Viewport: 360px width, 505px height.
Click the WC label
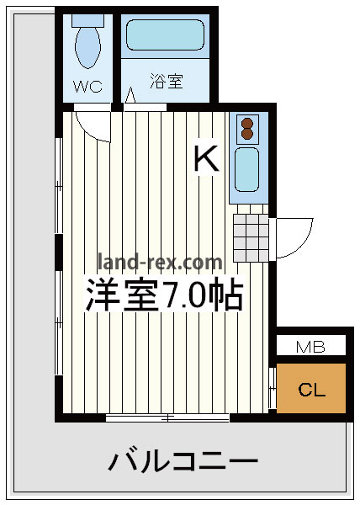point(87,87)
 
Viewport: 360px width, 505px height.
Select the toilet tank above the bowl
point(87,20)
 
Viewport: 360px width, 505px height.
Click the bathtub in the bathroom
point(165,35)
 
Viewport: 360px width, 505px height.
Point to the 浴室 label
point(167,81)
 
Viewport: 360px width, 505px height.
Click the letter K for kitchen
point(207,158)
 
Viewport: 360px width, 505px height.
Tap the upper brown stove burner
point(247,123)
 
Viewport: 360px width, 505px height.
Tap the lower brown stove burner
point(247,134)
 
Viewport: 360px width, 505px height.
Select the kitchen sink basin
point(246,169)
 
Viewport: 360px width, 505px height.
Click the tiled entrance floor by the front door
point(251,237)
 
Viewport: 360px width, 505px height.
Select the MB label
point(310,347)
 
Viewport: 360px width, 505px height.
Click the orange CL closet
point(311,388)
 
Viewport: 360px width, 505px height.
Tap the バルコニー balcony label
point(183,462)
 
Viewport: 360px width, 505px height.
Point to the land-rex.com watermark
point(160,262)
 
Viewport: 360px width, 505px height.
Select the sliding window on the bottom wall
point(167,418)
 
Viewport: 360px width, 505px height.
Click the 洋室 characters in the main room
point(123,295)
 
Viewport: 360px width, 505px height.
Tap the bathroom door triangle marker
point(130,95)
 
